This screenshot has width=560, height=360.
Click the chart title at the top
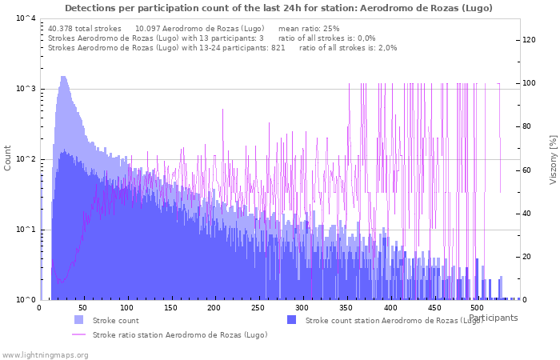tap(278, 8)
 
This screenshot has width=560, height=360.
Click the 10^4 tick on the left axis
tap(26, 18)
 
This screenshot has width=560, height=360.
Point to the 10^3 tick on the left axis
tap(26, 89)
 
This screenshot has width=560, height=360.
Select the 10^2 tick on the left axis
tap(26, 159)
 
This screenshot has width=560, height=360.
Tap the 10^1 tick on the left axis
tap(26, 230)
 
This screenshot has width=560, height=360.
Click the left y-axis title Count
tap(8, 158)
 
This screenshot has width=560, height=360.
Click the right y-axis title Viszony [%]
tap(552, 159)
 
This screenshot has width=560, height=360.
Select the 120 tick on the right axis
tap(530, 40)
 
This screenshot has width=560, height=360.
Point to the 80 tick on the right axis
tap(530, 126)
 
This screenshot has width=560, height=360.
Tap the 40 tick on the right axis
tap(530, 214)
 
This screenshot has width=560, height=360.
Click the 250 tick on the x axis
tap(258, 308)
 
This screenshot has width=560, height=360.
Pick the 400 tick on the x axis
tap(390, 308)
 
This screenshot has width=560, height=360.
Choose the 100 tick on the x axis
tap(126, 308)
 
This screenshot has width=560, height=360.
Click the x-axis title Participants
tap(493, 318)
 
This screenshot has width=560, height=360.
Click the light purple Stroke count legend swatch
tap(78, 320)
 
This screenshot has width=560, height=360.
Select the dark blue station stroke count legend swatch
tap(291, 320)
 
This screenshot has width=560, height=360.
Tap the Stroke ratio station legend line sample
tap(78, 334)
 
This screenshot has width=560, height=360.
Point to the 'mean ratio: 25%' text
tap(309, 29)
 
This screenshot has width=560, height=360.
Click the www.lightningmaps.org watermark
tap(45, 354)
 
